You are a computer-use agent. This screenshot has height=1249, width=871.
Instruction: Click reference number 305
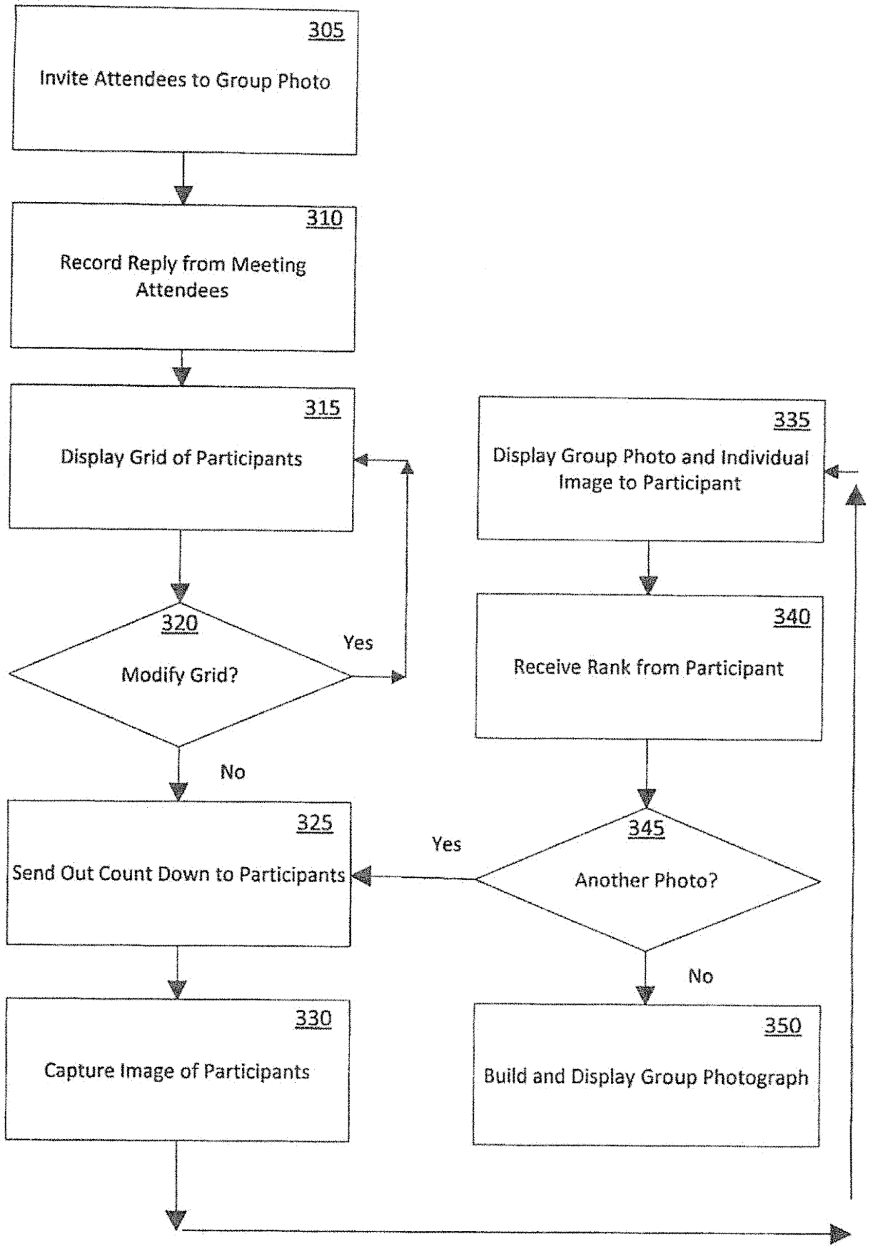click(326, 30)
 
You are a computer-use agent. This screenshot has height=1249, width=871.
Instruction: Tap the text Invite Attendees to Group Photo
click(184, 80)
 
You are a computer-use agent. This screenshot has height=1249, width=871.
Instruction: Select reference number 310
click(324, 218)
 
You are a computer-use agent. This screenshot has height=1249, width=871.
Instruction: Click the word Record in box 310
click(91, 263)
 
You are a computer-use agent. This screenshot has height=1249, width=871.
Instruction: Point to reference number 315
click(322, 408)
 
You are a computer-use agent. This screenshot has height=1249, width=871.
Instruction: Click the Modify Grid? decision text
click(179, 675)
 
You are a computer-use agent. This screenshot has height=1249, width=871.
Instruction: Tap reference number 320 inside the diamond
click(179, 623)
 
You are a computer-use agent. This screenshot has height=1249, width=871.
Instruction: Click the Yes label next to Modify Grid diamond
click(358, 643)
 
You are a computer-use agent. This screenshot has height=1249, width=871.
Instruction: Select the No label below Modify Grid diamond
click(233, 772)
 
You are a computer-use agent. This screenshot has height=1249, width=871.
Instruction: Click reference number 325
click(315, 823)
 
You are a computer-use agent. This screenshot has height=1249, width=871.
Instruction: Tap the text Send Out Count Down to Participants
click(178, 874)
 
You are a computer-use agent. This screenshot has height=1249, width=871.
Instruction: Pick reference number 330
click(313, 1019)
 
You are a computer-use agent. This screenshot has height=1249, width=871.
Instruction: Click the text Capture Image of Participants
click(177, 1071)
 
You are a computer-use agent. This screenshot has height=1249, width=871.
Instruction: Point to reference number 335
click(792, 420)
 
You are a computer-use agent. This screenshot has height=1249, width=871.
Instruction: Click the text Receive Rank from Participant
click(648, 668)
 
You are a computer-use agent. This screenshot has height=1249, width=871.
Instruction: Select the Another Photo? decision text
click(646, 880)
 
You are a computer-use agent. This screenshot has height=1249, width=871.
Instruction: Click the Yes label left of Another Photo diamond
click(446, 845)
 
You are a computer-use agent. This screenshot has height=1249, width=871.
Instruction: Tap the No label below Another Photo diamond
click(700, 977)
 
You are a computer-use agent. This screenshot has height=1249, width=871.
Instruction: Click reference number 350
click(782, 1026)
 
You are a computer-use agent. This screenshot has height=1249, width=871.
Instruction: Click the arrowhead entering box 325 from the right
click(361, 876)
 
